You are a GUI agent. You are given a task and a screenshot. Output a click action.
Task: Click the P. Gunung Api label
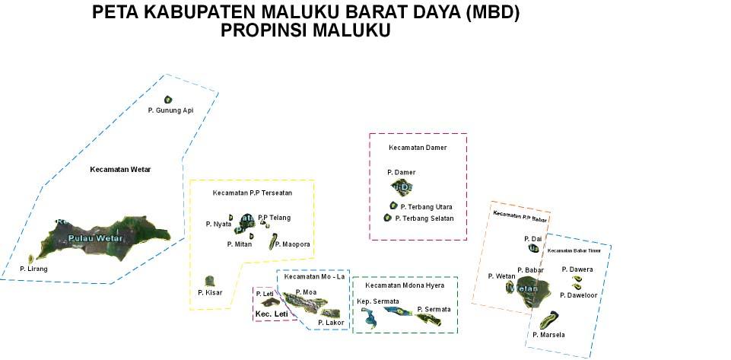pos(170,110)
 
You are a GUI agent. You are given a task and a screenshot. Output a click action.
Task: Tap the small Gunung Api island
pos(168,99)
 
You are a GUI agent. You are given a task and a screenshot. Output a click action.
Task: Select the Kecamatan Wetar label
pos(120,170)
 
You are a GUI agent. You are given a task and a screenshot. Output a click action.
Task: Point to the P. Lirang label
pos(33,269)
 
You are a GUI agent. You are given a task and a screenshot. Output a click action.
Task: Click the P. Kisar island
pos(209,282)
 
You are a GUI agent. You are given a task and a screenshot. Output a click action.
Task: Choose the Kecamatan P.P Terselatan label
pos(253,193)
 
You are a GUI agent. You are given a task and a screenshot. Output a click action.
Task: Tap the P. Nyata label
pos(218,225)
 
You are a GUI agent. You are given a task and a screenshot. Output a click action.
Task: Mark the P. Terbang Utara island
pos(393,205)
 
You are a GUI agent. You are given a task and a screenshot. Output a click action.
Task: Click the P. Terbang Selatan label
pos(424,218)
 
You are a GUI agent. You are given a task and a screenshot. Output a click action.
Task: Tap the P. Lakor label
pos(331,323)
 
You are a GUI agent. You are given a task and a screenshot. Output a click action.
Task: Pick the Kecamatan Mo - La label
pos(315,277)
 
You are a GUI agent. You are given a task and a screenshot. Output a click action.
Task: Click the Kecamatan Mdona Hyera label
pos(405,285)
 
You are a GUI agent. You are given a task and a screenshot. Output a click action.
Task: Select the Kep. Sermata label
pos(378,302)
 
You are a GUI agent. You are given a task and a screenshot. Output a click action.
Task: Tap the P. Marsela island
pos(547,320)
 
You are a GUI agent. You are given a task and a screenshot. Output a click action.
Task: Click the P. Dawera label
pos(577,269)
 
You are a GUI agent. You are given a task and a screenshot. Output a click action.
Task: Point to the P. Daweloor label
pos(579,295)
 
